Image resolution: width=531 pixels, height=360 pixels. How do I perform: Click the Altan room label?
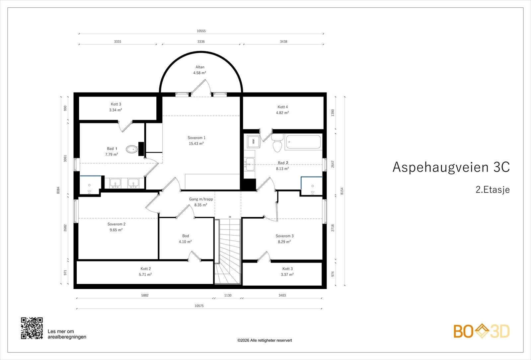200,67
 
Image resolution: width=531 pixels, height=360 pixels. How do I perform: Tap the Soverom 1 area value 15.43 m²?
196,143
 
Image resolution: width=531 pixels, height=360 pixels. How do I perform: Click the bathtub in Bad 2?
303,142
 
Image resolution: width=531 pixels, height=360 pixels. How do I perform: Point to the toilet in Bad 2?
277,143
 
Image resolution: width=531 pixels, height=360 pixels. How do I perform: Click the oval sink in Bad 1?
132,149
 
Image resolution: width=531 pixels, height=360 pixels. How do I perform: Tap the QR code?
32,328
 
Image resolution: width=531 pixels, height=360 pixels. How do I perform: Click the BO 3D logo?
482,331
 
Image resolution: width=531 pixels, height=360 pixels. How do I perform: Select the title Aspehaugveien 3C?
451,167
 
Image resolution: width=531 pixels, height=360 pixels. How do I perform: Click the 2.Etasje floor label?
493,189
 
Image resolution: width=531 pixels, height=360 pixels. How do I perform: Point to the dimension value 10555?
201,31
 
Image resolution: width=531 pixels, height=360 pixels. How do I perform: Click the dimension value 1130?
228,295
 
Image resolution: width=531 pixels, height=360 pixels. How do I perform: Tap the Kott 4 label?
282,107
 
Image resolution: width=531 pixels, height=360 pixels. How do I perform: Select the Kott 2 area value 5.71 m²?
145,274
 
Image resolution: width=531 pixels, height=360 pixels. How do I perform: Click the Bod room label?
186,236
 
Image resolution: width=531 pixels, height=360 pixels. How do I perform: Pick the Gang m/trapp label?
201,199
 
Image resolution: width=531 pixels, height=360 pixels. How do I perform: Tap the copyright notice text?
265,340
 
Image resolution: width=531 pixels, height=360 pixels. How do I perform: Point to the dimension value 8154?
342,191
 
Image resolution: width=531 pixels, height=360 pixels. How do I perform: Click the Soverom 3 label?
284,236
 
